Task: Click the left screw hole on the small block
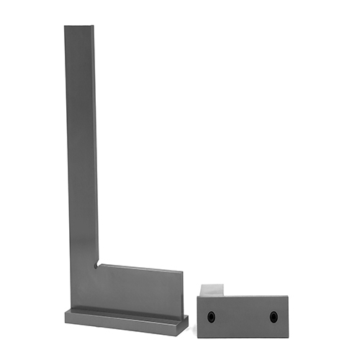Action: (211, 317)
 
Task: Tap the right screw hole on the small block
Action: (274, 316)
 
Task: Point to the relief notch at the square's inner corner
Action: (96, 264)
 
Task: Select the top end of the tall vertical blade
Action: (78, 29)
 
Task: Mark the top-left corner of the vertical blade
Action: (65, 27)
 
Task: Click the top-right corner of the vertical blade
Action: (93, 27)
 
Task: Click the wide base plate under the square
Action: (126, 320)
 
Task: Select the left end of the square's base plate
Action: (66, 317)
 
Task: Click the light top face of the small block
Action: (215, 289)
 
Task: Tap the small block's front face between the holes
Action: (243, 317)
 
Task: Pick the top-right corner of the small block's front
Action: (288, 297)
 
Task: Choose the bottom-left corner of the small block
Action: (199, 337)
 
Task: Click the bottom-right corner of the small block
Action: (288, 337)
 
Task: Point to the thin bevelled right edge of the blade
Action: (95, 144)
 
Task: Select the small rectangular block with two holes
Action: (243, 314)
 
